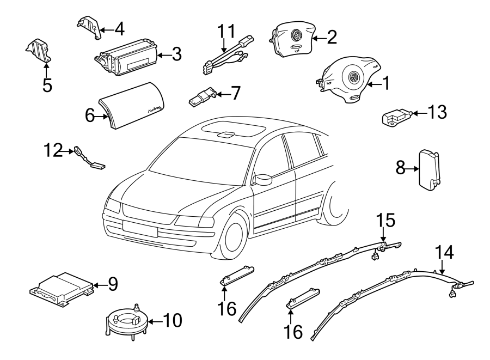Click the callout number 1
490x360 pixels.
tap(385, 83)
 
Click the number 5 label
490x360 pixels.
tap(47, 86)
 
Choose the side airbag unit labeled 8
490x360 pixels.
tap(429, 169)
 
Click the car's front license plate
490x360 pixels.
tap(140, 229)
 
